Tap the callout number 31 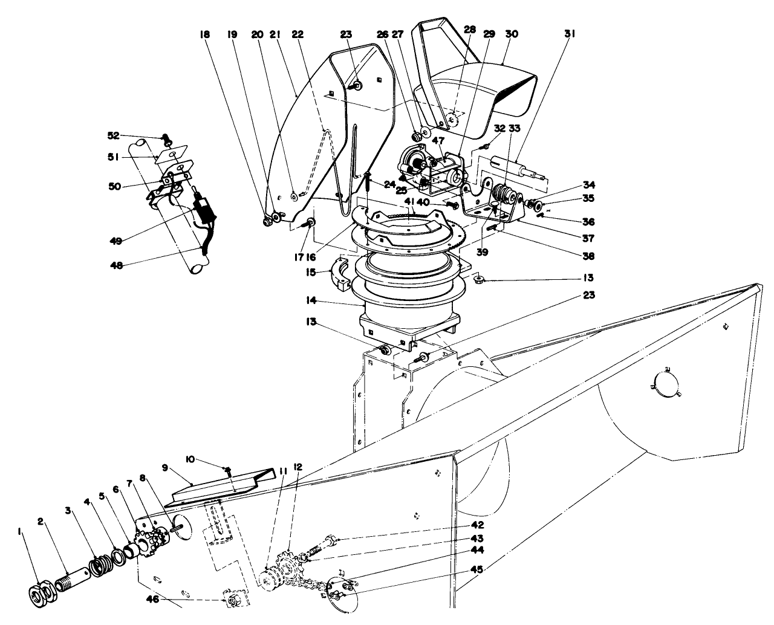(x=569, y=34)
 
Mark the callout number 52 (x=115, y=135)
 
